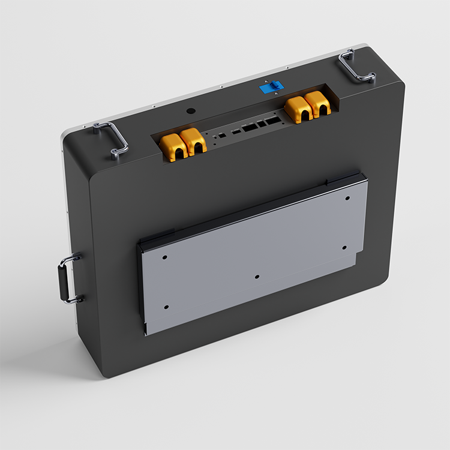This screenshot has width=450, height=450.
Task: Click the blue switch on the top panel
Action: point(269,88)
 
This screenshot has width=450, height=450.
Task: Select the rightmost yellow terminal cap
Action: point(318,106)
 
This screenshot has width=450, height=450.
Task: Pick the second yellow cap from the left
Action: point(193,142)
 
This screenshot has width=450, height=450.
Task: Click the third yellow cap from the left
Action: point(296,109)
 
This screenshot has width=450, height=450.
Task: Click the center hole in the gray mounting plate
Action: point(257,277)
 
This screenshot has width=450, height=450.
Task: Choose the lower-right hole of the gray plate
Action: point(344,247)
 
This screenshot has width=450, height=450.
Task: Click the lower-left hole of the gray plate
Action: point(166,307)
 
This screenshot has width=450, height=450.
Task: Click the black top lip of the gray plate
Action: point(252,207)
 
